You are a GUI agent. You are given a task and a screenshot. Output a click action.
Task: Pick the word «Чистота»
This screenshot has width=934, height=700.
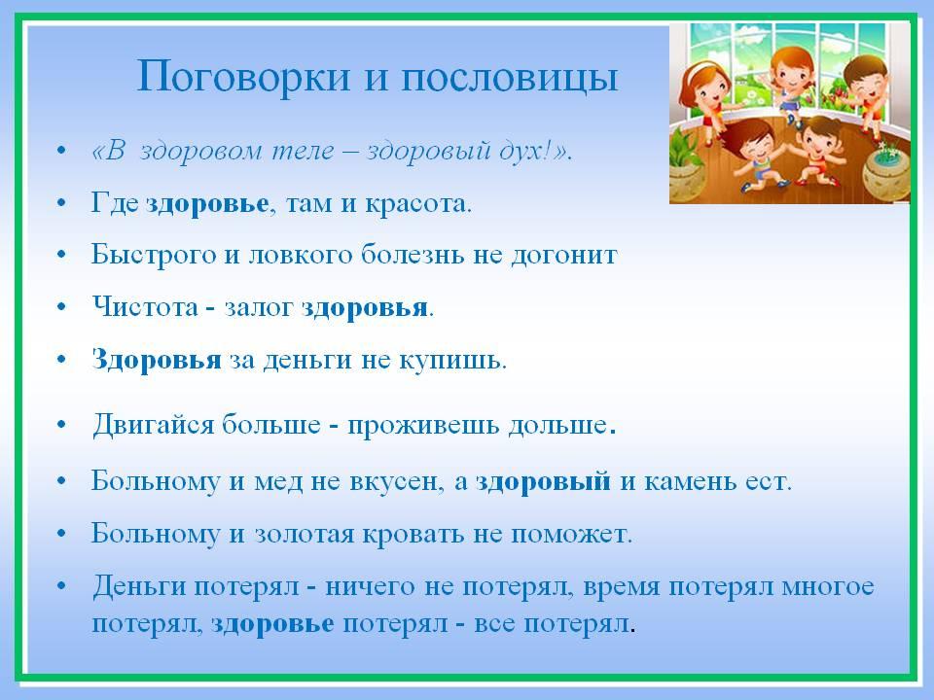[145, 307]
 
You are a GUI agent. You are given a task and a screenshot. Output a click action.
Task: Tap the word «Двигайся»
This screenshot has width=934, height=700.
[153, 426]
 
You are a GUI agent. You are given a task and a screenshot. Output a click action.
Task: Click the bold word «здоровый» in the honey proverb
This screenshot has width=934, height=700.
[543, 481]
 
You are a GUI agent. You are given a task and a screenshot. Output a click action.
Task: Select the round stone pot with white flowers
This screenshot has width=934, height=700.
[885, 173]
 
